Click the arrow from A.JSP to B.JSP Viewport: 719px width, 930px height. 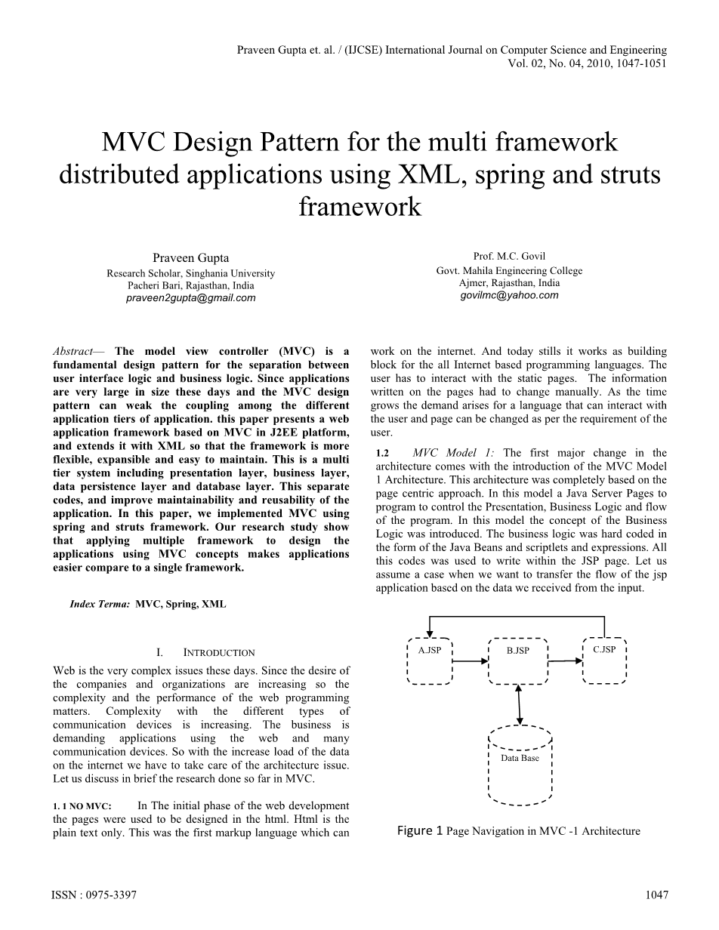click(x=471, y=661)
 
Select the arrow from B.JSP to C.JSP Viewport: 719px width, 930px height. click(x=564, y=661)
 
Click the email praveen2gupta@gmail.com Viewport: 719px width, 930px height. click(x=190, y=298)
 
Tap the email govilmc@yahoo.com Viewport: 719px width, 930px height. click(x=509, y=295)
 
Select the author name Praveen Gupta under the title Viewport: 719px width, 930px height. click(x=190, y=259)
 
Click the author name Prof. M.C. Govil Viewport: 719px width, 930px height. click(x=509, y=257)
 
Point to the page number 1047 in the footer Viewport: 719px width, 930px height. click(x=656, y=895)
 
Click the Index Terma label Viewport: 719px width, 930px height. click(x=99, y=604)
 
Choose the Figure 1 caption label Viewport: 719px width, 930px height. click(x=420, y=831)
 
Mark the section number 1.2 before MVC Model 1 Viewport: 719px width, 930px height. click(x=382, y=454)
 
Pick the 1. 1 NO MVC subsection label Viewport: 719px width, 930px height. click(x=82, y=807)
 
